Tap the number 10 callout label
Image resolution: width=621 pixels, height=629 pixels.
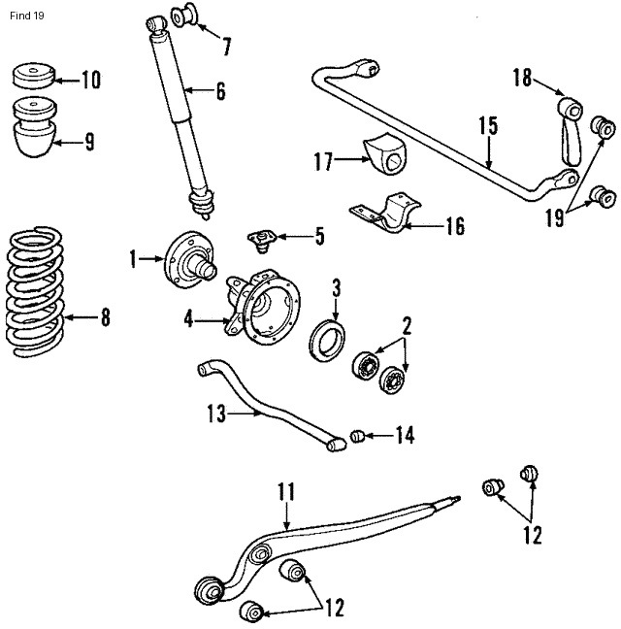point(90,81)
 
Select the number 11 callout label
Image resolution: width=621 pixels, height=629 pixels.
point(284,492)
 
